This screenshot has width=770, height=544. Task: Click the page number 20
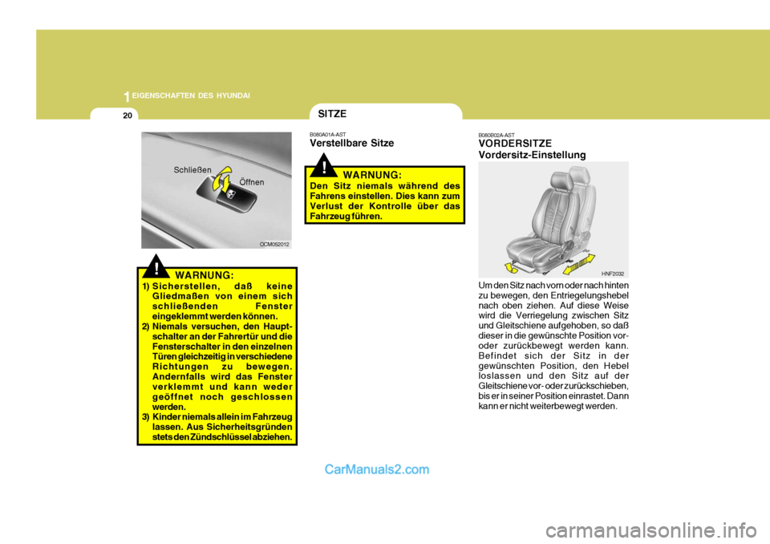(x=128, y=116)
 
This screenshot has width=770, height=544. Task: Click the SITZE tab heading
(x=332, y=115)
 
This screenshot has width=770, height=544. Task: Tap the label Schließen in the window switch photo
(x=192, y=169)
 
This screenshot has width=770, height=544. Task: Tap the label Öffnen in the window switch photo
(x=253, y=182)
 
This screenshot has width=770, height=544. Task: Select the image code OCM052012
(x=274, y=242)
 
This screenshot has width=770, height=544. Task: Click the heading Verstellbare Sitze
(x=351, y=143)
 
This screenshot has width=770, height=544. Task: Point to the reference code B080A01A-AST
(x=328, y=134)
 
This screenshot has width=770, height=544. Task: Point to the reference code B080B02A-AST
(x=496, y=135)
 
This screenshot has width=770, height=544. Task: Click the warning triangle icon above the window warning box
(x=160, y=266)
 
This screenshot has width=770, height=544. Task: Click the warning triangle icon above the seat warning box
(x=326, y=167)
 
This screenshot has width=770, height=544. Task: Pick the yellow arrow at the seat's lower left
(x=508, y=267)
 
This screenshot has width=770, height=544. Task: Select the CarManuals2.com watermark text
(x=377, y=470)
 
